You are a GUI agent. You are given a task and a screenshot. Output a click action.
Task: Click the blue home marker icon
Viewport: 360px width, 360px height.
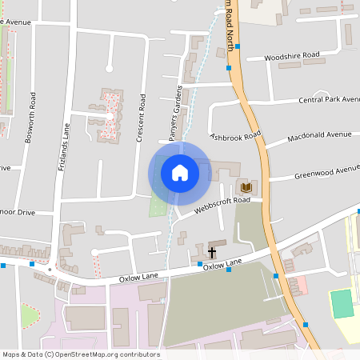179,173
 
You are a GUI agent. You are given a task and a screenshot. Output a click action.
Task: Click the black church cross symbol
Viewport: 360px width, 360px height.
212,253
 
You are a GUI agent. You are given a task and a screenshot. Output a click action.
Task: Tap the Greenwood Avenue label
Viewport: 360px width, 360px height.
327,172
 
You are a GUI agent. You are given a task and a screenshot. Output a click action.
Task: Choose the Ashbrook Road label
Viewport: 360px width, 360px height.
236,137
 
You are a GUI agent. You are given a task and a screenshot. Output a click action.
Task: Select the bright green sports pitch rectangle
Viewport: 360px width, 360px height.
342,304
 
